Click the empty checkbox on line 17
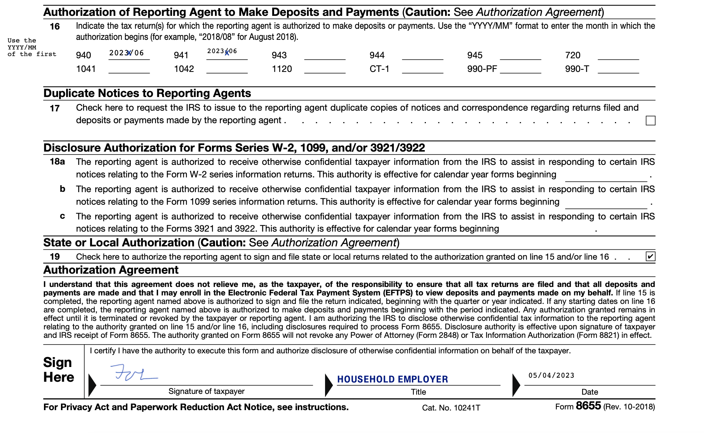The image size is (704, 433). tap(650, 121)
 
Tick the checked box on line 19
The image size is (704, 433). tap(650, 256)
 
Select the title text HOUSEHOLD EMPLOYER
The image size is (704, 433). tap(392, 379)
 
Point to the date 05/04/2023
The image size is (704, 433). tap(551, 375)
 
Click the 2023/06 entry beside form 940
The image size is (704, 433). tap(126, 53)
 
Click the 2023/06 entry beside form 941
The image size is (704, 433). tap(222, 51)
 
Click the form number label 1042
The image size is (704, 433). tap(184, 69)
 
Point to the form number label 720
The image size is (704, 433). tap(573, 55)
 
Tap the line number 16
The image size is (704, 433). tap(55, 27)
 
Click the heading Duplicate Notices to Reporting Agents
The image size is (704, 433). tap(147, 93)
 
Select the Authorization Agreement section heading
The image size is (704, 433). tap(111, 270)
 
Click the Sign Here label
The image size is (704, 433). tap(58, 370)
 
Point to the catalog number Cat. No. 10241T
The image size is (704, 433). tap(451, 408)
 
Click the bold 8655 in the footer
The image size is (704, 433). tap(588, 406)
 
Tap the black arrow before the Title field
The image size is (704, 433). tap(328, 385)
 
